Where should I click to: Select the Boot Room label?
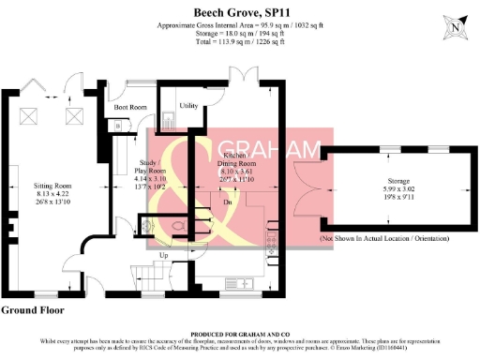tap(130, 108)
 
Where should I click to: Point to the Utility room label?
tap(187, 106)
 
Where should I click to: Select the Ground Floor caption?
tap(32, 308)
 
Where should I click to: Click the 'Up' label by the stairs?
tap(163, 255)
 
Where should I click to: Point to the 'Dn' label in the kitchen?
tap(228, 201)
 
